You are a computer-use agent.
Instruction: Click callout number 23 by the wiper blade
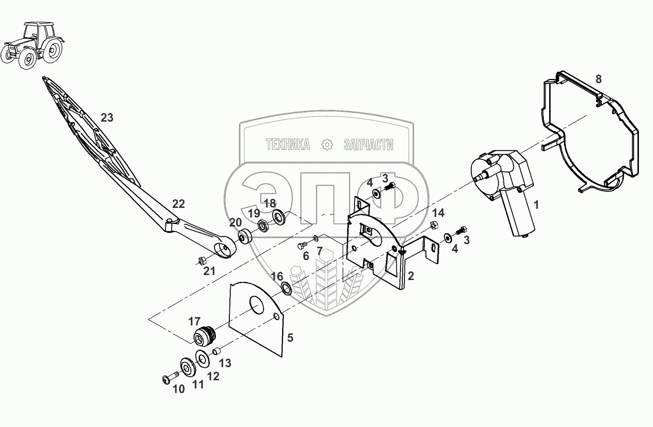tap(107, 118)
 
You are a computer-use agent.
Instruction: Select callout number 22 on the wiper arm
tap(179, 204)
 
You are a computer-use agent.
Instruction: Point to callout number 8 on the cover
tap(598, 79)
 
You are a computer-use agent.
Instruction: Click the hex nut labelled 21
tap(203, 260)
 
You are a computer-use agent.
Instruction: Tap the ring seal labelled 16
tap(287, 288)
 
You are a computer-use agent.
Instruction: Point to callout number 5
tap(290, 337)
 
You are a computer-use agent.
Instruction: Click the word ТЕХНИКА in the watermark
tap(288, 145)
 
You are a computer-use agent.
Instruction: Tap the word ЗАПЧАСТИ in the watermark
tap(368, 145)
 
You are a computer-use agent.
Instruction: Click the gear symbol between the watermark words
tap(327, 145)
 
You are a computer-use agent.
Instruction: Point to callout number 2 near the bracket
tap(410, 276)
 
